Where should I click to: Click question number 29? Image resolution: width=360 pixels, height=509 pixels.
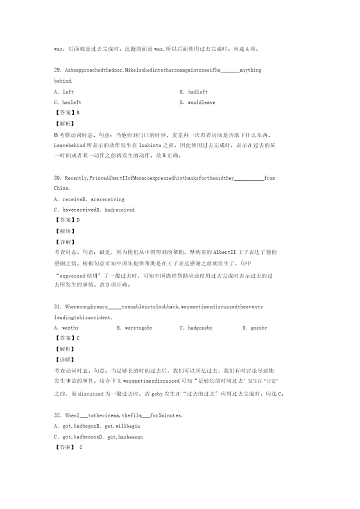tap(57, 70)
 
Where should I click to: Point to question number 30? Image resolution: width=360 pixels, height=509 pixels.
tap(57, 178)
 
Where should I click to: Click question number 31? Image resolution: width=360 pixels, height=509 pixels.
tap(57, 306)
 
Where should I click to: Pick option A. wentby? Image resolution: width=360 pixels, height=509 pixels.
tap(66, 328)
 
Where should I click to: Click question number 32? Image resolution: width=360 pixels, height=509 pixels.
tap(57, 415)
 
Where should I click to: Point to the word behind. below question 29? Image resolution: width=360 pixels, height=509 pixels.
tap(63, 80)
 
